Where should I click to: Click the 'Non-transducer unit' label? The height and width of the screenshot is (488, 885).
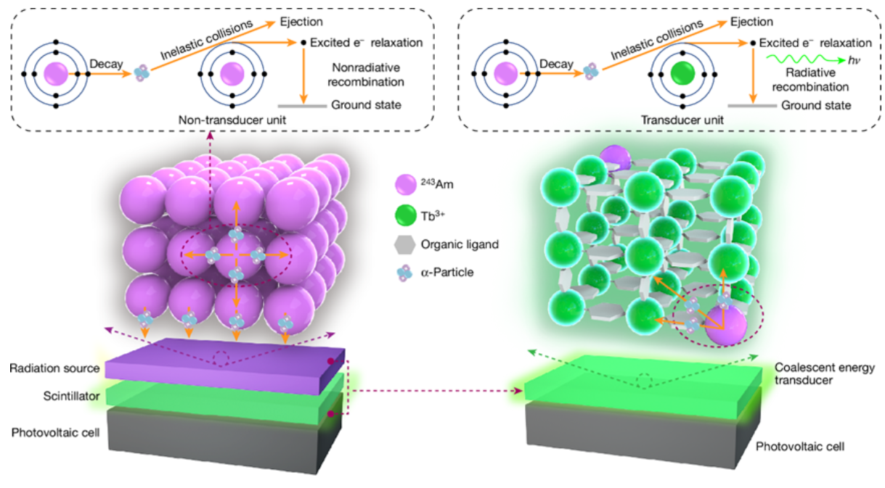[x=232, y=120]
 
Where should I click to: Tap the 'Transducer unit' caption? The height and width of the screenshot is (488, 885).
[x=682, y=120]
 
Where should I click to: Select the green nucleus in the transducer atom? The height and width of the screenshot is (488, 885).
[x=682, y=74]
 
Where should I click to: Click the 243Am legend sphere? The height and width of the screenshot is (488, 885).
[x=405, y=184]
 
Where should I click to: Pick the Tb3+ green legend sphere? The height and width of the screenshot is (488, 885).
[x=405, y=215]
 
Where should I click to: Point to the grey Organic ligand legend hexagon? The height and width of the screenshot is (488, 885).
[x=404, y=244]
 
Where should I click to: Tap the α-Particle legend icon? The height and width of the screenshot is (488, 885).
[x=404, y=273]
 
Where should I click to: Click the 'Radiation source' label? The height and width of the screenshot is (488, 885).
[x=54, y=368]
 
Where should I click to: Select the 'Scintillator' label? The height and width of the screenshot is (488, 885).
[x=71, y=396]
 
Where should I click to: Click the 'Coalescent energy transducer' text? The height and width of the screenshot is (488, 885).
[x=825, y=373]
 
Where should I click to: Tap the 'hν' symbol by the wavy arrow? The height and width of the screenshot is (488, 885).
[x=854, y=60]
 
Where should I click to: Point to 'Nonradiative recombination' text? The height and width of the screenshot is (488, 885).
[x=366, y=75]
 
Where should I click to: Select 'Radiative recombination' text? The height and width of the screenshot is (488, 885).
[x=810, y=80]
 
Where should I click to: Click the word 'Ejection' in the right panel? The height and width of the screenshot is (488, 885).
[x=751, y=22]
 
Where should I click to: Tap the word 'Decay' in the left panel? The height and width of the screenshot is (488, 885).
[x=106, y=64]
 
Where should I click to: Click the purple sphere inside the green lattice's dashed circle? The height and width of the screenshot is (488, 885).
[x=726, y=326]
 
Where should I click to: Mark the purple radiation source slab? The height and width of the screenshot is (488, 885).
[x=225, y=366]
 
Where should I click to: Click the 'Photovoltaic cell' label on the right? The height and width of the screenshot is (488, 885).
[x=799, y=447]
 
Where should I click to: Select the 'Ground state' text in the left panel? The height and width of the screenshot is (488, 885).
[x=366, y=105]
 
